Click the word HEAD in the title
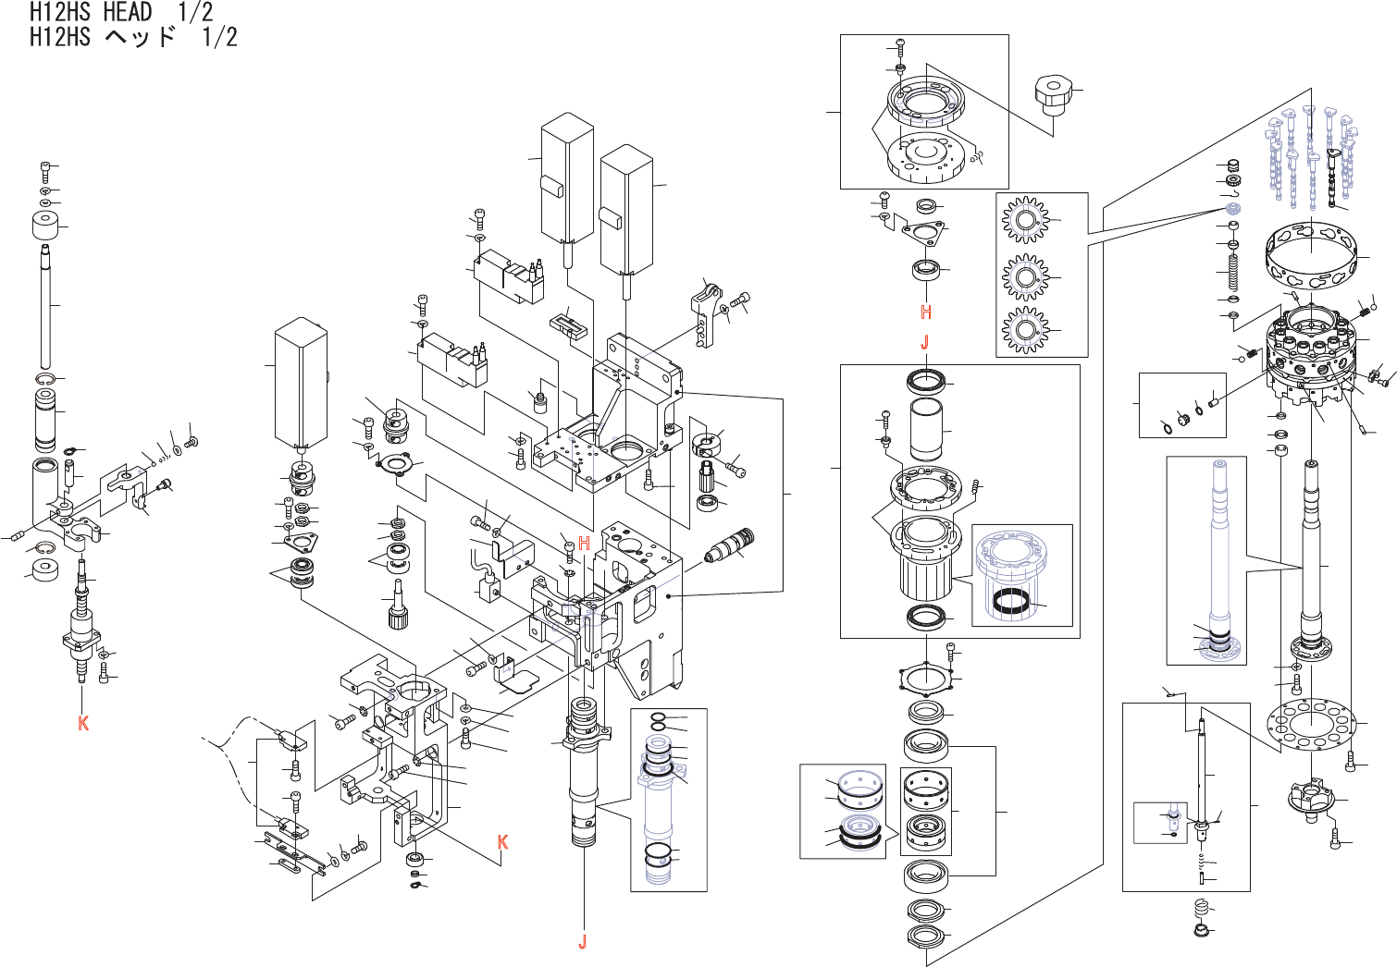coord(128,12)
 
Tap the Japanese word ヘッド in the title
coord(140,37)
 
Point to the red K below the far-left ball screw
coord(83,723)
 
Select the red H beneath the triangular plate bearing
coord(926,312)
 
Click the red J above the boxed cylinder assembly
coord(924,342)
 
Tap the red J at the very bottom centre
coord(583,942)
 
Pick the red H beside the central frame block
coord(584,544)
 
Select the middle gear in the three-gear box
coord(1024,276)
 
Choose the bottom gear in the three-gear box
coord(1024,330)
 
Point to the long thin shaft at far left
coord(45,305)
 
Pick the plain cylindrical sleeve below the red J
coord(926,429)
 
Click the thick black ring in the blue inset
coord(1012,602)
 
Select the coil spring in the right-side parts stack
coord(1232,272)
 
